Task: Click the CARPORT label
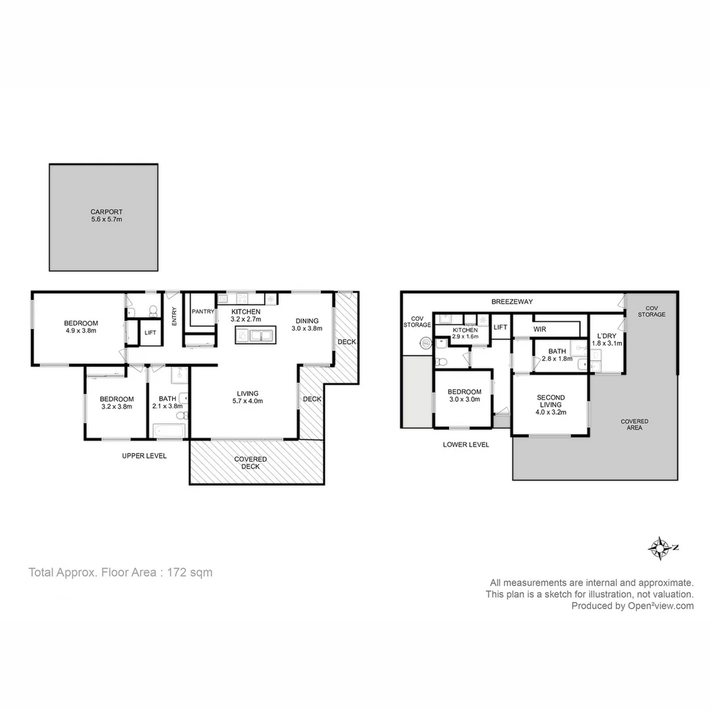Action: pyautogui.click(x=106, y=212)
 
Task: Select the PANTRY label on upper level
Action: pyautogui.click(x=203, y=312)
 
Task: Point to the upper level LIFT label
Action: pyautogui.click(x=150, y=333)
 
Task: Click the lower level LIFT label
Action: pyautogui.click(x=501, y=327)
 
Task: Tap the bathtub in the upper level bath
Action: pyautogui.click(x=170, y=430)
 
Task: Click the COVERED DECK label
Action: pyautogui.click(x=250, y=463)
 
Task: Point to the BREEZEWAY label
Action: pyautogui.click(x=512, y=302)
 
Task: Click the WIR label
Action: pyautogui.click(x=540, y=329)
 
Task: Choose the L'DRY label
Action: pyautogui.click(x=607, y=335)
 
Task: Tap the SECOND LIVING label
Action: pyautogui.click(x=551, y=401)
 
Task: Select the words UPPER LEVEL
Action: pyautogui.click(x=144, y=456)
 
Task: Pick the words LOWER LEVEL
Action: pyautogui.click(x=465, y=444)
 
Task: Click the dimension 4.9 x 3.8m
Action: pyautogui.click(x=81, y=331)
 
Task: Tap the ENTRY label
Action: pyautogui.click(x=174, y=316)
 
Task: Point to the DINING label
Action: pyautogui.click(x=306, y=321)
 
